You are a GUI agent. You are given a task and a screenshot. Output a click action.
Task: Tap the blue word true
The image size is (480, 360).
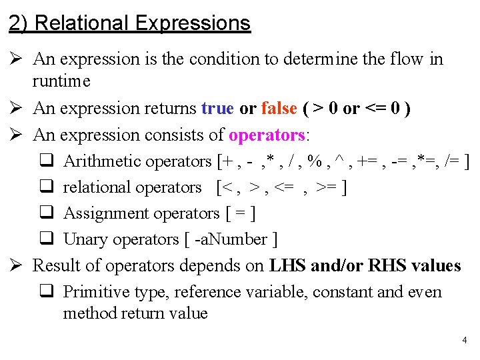[x=217, y=109]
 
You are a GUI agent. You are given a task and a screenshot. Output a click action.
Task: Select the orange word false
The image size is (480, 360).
[x=279, y=109]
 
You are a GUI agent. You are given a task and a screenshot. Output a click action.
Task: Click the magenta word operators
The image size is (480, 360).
[x=267, y=135]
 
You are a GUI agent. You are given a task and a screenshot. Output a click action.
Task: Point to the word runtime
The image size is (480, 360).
[x=61, y=81]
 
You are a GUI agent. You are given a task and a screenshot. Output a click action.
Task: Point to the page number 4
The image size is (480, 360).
[x=464, y=341]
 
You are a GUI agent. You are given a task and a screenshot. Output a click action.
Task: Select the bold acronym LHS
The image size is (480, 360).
[x=288, y=266]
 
